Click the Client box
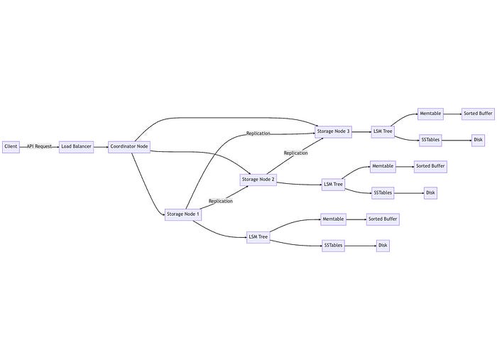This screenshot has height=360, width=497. (11, 147)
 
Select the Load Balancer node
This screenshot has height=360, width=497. (76, 147)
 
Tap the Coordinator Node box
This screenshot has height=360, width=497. (129, 147)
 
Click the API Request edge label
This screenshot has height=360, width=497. (40, 147)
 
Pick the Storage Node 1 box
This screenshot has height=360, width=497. (183, 214)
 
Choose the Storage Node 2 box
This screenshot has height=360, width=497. (258, 180)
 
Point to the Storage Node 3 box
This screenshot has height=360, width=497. (333, 131)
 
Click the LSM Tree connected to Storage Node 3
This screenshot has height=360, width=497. (383, 131)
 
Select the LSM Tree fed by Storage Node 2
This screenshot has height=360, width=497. (333, 185)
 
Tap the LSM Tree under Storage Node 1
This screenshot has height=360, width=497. (258, 237)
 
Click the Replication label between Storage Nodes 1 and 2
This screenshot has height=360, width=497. (221, 201)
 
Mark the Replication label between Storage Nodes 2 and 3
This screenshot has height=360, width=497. (295, 153)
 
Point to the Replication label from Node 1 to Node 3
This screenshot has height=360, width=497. (258, 133)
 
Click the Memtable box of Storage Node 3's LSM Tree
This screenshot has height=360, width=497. (430, 114)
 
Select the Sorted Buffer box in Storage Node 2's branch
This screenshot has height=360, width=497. (430, 167)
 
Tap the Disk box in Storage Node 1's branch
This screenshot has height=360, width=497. (383, 246)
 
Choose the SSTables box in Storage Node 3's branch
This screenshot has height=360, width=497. (430, 140)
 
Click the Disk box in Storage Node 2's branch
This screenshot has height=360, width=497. (430, 192)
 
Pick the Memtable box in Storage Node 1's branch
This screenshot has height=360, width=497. (334, 219)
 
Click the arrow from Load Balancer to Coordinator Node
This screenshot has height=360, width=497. (101, 147)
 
